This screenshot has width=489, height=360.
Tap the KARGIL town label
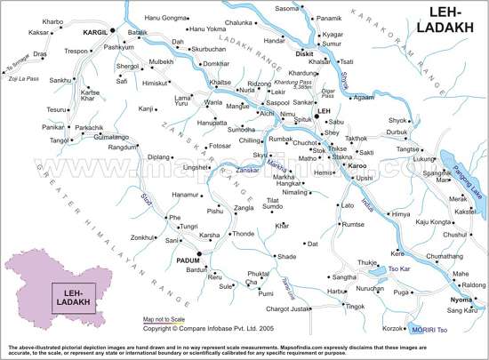pos(94,32)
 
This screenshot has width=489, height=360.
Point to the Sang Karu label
pos(462,310)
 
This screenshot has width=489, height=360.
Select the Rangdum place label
pos(124,148)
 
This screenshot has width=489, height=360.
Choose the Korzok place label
pos(394,329)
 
